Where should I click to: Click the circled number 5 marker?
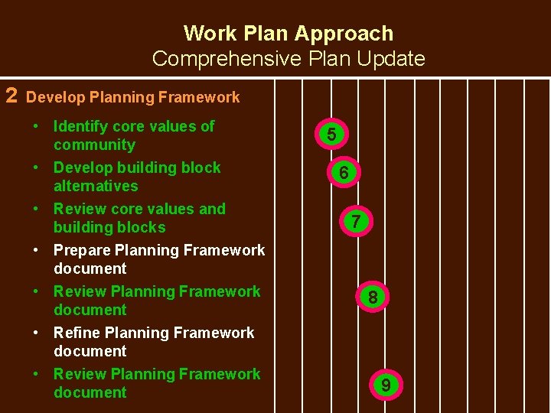[x=331, y=135]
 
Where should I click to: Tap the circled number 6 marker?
[x=344, y=174]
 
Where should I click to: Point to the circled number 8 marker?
[x=372, y=297]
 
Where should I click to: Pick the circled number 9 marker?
[x=386, y=385]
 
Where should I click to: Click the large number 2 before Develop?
[x=11, y=96]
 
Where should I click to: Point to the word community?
[x=94, y=145]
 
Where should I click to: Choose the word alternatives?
[x=96, y=186]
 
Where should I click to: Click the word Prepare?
[x=83, y=250]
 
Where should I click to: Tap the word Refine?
[x=77, y=333]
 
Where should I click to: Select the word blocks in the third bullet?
[x=141, y=227]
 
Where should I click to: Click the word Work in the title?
[x=210, y=34]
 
